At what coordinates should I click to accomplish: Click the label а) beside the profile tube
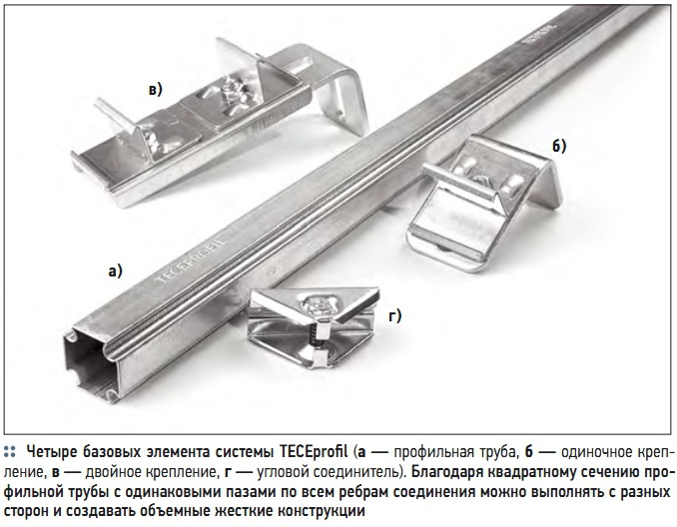115,271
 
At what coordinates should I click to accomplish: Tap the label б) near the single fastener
559,147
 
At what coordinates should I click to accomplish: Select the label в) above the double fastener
155,90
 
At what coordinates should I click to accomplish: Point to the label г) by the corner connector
394,316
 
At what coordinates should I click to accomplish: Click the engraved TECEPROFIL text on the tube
191,261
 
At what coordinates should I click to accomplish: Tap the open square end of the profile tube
90,363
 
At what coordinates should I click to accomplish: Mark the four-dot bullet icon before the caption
10,452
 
